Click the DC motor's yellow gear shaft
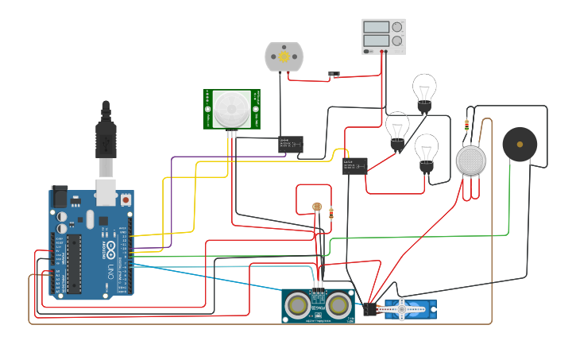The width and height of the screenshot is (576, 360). coord(284,57)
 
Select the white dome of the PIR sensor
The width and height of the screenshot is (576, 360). coord(231,109)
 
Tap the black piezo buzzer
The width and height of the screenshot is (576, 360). coord(520,145)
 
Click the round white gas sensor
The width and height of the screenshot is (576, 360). coord(470,161)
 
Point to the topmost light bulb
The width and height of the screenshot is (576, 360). coord(424,88)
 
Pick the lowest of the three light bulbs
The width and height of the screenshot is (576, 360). coord(427,150)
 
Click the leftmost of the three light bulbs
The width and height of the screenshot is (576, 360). coord(397,127)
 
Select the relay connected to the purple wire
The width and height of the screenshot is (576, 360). coord(290,145)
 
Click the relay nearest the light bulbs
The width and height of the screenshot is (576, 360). coord(354,165)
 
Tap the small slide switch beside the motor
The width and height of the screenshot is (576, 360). coord(334,75)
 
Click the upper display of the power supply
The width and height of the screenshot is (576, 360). coord(377,27)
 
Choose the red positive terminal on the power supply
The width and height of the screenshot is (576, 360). coord(383,52)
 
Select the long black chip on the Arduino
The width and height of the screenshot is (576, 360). coord(74,262)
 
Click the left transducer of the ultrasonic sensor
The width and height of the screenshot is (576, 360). coord(298,304)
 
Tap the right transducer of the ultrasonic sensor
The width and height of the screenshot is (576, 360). coord(338,304)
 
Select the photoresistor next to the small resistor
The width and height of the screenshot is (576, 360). coord(317,207)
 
